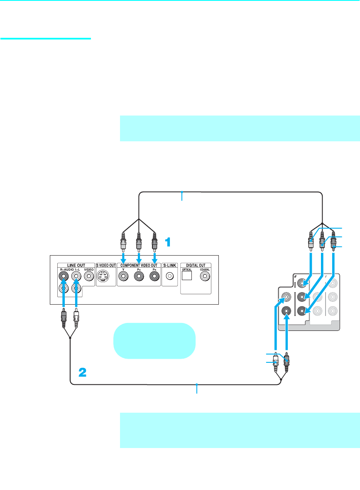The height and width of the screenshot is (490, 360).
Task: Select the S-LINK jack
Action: point(169,276)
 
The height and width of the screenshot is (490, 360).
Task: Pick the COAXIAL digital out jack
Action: point(204,276)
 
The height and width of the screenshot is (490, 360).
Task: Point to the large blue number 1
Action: point(168,242)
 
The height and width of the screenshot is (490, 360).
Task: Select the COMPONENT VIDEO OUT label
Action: point(139,265)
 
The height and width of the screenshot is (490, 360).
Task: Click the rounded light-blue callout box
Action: point(154,340)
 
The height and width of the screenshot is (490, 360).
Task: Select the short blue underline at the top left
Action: point(45,39)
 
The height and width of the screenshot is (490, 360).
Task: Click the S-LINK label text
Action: point(169,265)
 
